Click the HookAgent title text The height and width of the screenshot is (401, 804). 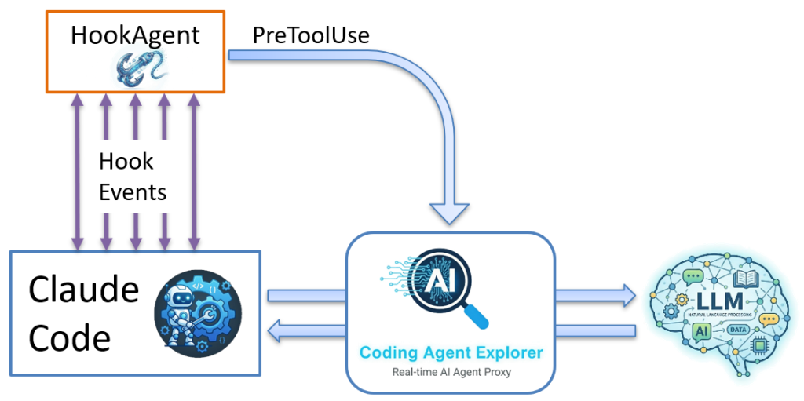coord(135,35)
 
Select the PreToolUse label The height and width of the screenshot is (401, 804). coord(311,35)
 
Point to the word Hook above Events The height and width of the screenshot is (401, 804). coord(126,162)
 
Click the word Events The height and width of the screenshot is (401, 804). coord(133,191)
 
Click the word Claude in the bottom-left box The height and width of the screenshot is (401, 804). coord(83,290)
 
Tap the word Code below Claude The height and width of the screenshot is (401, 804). coord(69,337)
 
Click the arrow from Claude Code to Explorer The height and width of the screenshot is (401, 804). coord(306,296)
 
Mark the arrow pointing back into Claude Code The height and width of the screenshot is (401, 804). coord(306,332)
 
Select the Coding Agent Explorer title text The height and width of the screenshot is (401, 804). coord(450,352)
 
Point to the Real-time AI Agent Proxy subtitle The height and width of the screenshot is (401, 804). coord(451,371)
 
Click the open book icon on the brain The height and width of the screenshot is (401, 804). coord(743,278)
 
